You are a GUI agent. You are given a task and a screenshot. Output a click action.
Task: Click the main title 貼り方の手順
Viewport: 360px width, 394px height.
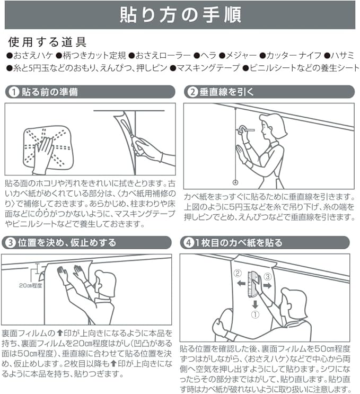(180, 15)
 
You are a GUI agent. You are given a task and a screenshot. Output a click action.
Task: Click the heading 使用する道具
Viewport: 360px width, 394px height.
(47, 42)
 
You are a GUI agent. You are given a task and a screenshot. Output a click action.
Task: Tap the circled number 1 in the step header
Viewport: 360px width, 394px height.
(14, 92)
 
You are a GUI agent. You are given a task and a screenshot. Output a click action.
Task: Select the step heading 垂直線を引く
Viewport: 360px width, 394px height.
(226, 92)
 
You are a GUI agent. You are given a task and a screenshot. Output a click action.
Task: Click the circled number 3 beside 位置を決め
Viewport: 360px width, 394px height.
(11, 243)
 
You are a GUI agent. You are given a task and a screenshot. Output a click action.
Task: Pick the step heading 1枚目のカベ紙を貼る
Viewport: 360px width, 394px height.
(239, 243)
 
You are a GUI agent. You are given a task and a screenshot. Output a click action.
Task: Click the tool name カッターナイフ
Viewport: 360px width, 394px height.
(294, 55)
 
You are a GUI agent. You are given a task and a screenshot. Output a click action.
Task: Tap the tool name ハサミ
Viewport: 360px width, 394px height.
(343, 55)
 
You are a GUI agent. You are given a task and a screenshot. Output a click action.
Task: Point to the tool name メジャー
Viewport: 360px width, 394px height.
(241, 55)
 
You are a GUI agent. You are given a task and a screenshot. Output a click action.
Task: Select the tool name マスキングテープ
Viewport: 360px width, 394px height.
(208, 68)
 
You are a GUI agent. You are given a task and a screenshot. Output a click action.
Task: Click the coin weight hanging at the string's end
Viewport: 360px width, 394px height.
(235, 182)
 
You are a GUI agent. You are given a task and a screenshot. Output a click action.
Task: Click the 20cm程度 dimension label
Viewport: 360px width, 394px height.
(31, 285)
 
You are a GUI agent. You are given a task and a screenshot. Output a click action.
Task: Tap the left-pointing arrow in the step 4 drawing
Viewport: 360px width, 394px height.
(241, 284)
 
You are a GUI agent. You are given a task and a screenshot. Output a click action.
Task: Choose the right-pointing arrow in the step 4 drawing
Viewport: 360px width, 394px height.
(267, 285)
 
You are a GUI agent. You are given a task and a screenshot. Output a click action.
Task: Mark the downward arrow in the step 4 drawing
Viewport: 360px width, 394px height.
(255, 304)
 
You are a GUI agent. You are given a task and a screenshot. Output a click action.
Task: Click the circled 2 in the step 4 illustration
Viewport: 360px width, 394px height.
(238, 273)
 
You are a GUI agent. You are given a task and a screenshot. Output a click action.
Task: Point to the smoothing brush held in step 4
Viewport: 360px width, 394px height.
(253, 284)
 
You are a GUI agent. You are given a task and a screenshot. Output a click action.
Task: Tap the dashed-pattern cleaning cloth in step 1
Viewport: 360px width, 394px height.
(47, 148)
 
